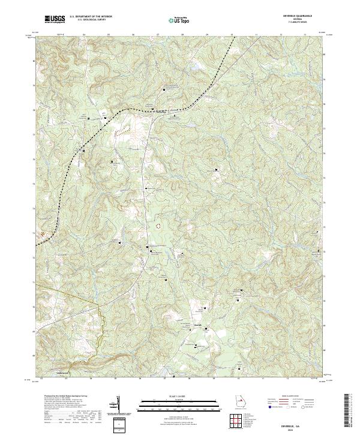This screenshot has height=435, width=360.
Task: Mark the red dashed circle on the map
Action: click(x=158, y=226)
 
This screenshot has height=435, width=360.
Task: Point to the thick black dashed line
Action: click(x=150, y=110)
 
